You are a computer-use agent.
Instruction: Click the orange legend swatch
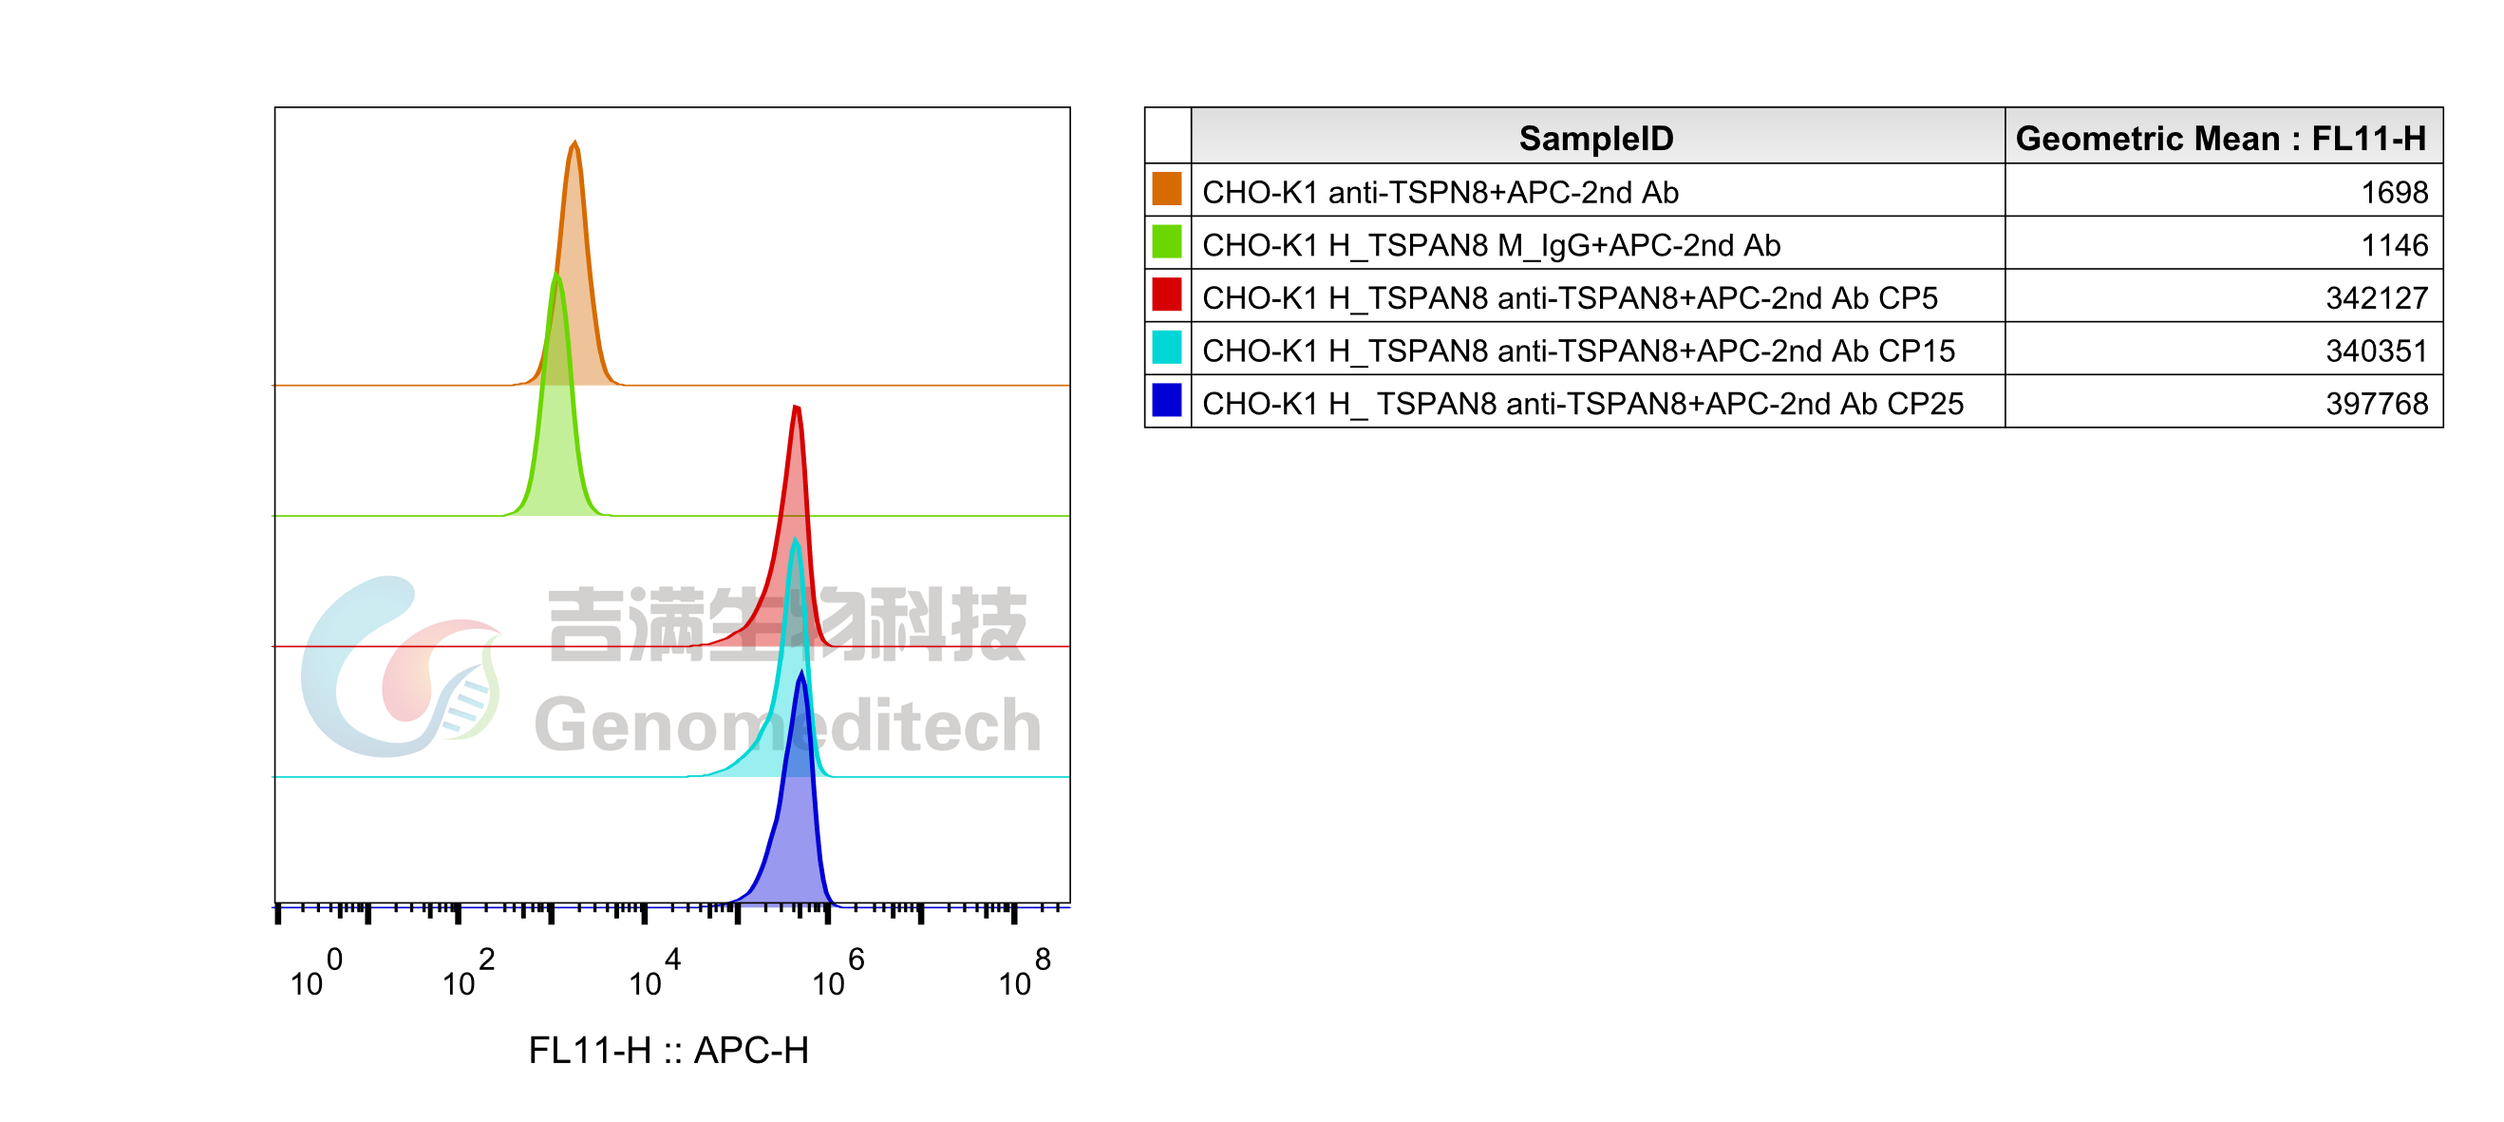(1166, 188)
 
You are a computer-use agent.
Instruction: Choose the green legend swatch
(1166, 241)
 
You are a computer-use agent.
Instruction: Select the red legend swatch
(1166, 294)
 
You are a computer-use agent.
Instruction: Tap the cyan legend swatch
(1166, 347)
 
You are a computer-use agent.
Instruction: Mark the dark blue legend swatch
(1166, 400)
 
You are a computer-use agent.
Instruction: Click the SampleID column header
(1596, 138)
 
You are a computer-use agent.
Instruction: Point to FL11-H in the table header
(2368, 138)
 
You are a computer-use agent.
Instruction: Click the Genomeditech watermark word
(787, 725)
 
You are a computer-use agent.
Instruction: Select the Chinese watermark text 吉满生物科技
(787, 622)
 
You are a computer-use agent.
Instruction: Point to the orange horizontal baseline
(875, 385)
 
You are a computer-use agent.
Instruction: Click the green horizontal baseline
(875, 515)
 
